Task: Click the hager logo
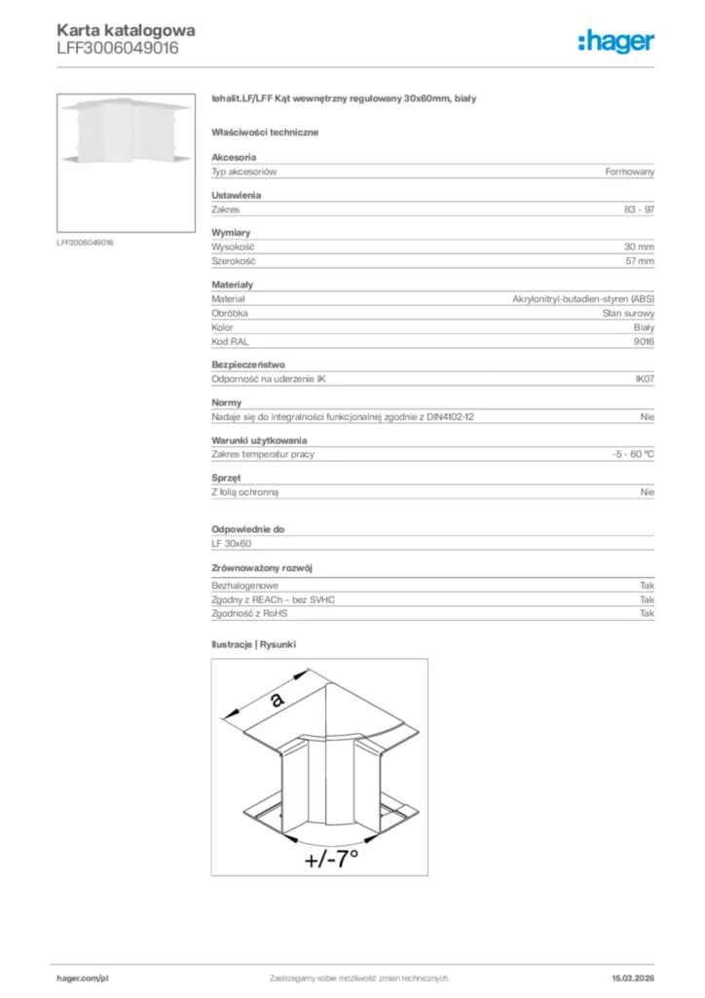pos(616,41)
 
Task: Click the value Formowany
pos(629,172)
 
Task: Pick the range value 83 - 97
pos(639,210)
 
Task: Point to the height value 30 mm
pos(639,247)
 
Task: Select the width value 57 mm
pos(639,261)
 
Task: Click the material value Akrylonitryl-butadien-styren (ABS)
pos(583,299)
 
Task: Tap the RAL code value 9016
pos(644,342)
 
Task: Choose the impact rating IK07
pos(644,380)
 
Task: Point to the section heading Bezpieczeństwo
pos(248,365)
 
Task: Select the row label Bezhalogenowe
pos(240,586)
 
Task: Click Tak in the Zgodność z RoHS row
pos(647,614)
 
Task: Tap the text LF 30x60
pos(232,543)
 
